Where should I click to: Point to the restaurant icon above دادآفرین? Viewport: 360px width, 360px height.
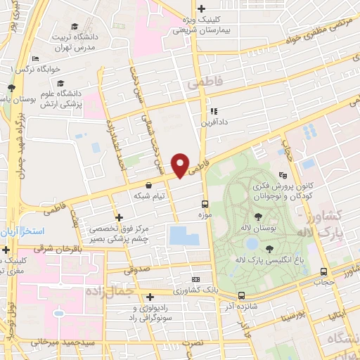[212, 110]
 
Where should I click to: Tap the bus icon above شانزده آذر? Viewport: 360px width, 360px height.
[241, 296]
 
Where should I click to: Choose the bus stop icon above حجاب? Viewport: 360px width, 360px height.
[323, 271]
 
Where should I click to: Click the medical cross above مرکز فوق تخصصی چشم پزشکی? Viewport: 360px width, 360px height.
[119, 217]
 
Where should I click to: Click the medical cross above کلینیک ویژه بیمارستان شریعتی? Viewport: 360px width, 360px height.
[202, 8]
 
